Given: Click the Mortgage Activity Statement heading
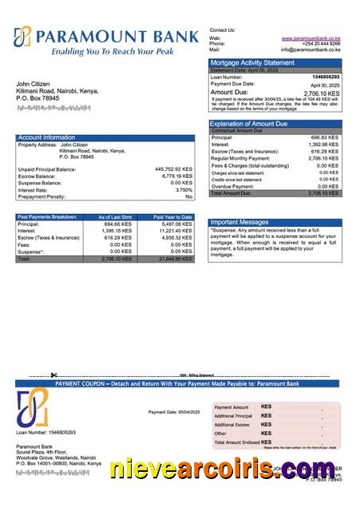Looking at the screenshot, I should pyautogui.click(x=252, y=62).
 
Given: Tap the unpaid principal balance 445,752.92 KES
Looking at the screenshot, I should pyautogui.click(x=173, y=169).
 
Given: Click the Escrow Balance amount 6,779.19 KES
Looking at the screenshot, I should pyautogui.click(x=176, y=176).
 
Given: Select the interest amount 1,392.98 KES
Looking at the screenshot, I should pyautogui.click(x=324, y=145).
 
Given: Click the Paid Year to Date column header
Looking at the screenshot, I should pyautogui.click(x=172, y=217).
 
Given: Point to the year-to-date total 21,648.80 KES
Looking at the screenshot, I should pyautogui.click(x=176, y=259).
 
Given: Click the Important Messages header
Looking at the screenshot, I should pyautogui.click(x=239, y=222).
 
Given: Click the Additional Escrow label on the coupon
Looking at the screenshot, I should pyautogui.click(x=233, y=425).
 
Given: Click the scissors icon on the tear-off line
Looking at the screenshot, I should pyautogui.click(x=53, y=375).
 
